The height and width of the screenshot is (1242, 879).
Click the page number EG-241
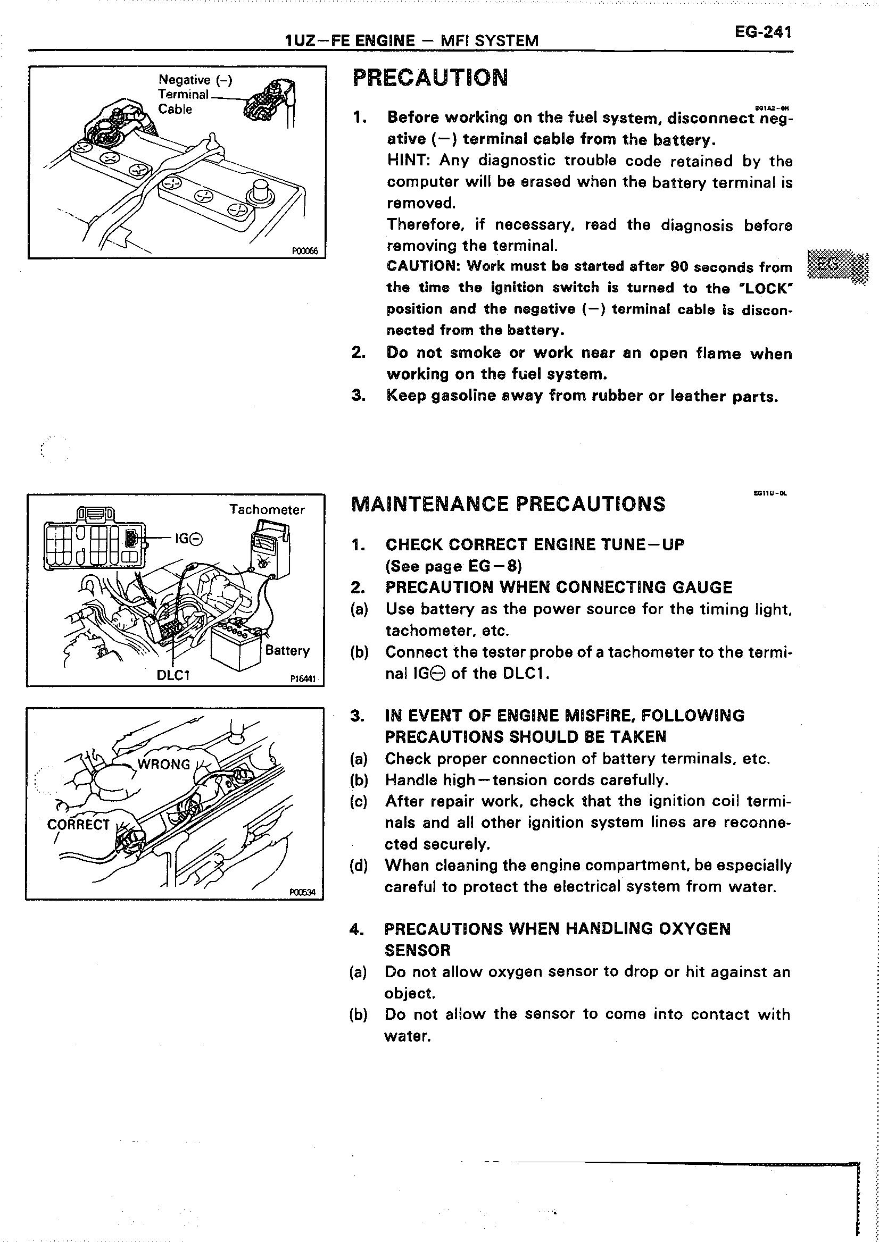tap(762, 32)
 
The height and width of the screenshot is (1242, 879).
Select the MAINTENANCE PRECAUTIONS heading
tap(508, 504)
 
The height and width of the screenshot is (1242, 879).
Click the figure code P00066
tap(305, 250)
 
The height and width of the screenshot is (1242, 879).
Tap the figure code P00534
tap(302, 892)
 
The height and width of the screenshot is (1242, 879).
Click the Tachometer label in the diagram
tap(267, 509)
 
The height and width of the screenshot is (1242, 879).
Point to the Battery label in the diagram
tap(287, 650)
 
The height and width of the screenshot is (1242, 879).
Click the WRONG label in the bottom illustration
tap(163, 764)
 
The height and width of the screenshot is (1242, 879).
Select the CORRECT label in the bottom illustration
tap(79, 825)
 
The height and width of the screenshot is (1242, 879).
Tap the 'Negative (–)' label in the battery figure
tap(195, 80)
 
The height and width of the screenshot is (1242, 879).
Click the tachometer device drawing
tap(269, 549)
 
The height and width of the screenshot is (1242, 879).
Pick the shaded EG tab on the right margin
tap(836, 266)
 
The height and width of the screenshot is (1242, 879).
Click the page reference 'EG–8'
tap(493, 566)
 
